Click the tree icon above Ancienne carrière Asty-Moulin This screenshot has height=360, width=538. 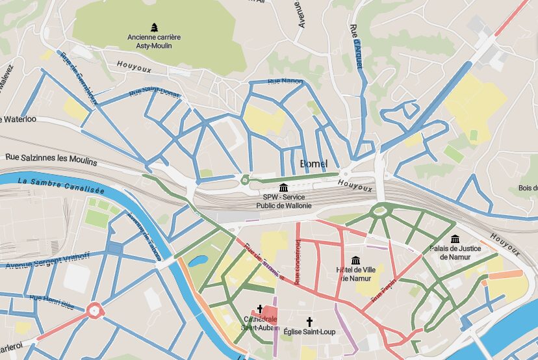click(x=154, y=27)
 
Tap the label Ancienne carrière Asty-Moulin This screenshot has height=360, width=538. click(x=154, y=42)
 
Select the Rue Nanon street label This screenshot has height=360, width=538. click(x=286, y=81)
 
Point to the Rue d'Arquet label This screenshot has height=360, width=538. click(x=356, y=46)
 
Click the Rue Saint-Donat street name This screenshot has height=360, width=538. click(x=154, y=92)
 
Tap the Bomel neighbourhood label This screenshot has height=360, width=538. click(x=314, y=163)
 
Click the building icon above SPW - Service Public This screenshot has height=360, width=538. click(x=283, y=187)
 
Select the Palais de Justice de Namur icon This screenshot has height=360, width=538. click(x=455, y=239)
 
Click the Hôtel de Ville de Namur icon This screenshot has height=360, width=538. click(x=356, y=261)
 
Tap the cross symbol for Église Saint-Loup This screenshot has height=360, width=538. click(x=309, y=321)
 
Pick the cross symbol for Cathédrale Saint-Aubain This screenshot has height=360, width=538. click(x=260, y=309)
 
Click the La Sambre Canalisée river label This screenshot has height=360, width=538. click(x=61, y=185)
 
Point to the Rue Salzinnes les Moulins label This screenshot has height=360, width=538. click(x=51, y=158)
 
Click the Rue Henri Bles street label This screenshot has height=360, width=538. click(x=52, y=301)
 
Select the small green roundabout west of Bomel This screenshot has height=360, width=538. click(x=245, y=180)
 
